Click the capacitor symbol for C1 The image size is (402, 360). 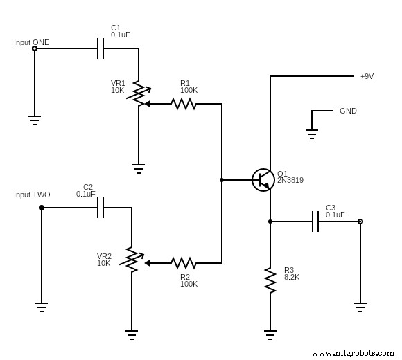[101, 48]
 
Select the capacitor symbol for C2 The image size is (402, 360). [101, 208]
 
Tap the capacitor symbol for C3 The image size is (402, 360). [315, 222]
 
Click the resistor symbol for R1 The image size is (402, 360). [184, 104]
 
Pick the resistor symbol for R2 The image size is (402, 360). [184, 263]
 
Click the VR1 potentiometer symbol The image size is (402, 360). [139, 94]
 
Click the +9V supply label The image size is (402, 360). [367, 76]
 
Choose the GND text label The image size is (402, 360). [348, 111]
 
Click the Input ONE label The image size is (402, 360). [32, 42]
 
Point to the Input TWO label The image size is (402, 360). [32, 195]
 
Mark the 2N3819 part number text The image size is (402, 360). [290, 181]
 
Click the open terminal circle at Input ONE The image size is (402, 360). [35, 48]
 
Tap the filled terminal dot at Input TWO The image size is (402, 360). [42, 208]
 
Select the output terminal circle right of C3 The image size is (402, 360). [360, 222]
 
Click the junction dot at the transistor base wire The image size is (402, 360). [222, 180]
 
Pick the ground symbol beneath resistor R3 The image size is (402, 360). [270, 334]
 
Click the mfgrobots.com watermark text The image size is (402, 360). [353, 352]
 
